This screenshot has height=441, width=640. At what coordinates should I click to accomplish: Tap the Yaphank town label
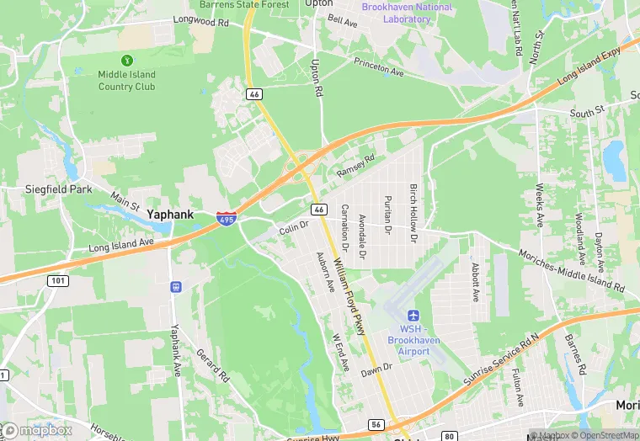(x=170, y=215)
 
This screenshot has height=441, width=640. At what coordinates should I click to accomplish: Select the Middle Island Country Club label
(x=127, y=81)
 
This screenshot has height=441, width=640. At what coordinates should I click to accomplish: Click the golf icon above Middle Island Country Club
(x=127, y=60)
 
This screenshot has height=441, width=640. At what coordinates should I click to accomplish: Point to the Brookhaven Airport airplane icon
(x=413, y=315)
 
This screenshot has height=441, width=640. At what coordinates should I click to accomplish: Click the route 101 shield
(x=57, y=280)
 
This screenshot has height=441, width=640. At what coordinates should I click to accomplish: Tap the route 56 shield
(x=376, y=425)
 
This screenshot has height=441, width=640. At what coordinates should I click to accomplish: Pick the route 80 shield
(x=451, y=436)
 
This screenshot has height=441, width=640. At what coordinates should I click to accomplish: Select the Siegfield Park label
(x=58, y=189)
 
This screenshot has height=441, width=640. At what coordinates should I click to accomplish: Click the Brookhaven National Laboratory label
(x=407, y=13)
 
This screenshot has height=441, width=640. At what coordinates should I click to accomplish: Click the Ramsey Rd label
(x=355, y=165)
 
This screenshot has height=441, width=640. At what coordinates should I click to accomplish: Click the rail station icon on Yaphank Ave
(x=176, y=286)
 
